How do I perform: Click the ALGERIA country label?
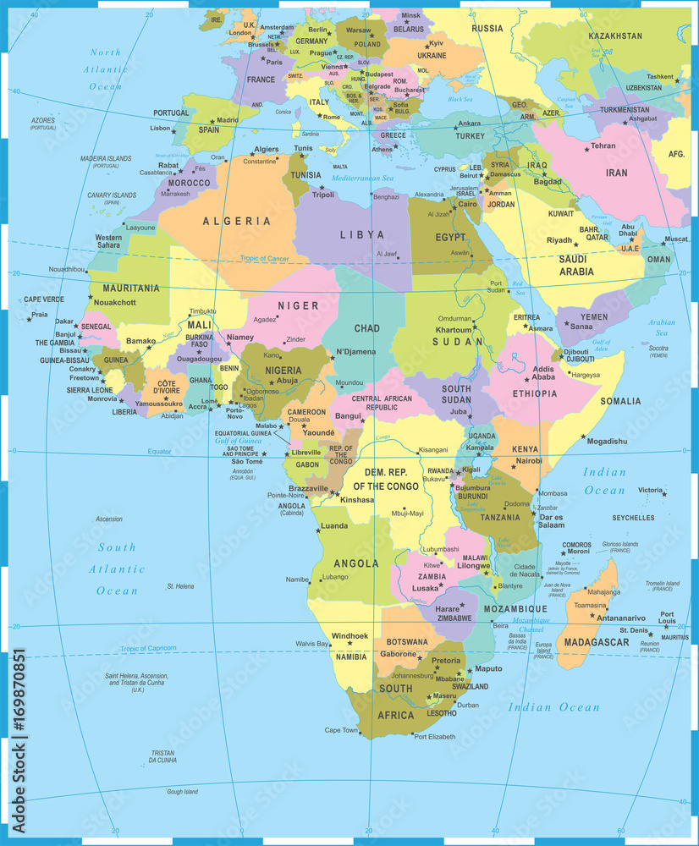tap(237, 222)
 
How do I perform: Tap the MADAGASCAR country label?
tap(597, 642)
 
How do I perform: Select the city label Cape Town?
tap(341, 730)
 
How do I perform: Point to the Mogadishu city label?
tap(608, 441)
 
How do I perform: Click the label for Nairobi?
tap(530, 461)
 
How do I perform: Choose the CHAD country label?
tap(366, 328)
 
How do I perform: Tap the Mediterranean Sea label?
tap(363, 179)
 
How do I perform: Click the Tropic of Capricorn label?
tap(148, 648)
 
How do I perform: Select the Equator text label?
tap(159, 452)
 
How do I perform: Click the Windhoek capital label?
tap(350, 635)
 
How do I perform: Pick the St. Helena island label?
tap(181, 586)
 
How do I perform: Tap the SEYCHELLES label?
tap(633, 518)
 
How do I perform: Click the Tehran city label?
tap(603, 146)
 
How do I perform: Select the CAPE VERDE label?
tap(43, 299)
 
